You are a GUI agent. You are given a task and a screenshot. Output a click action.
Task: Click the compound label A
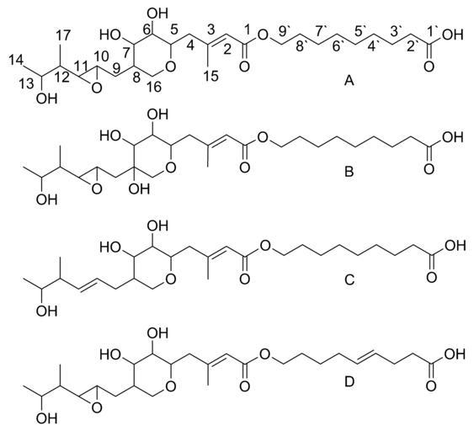click(349, 81)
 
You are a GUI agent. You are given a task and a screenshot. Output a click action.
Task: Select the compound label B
click(349, 172)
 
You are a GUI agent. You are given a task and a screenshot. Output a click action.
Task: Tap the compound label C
click(349, 280)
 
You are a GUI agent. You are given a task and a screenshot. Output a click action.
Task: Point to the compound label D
click(349, 382)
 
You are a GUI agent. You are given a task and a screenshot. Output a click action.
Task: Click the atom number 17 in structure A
click(63, 35)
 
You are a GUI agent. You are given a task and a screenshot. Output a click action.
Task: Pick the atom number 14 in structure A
click(15, 60)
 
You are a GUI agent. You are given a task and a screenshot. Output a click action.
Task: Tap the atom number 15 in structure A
click(210, 76)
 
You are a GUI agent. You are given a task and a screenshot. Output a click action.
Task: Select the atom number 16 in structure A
click(154, 87)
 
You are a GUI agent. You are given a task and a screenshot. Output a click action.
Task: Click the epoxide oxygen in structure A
click(97, 88)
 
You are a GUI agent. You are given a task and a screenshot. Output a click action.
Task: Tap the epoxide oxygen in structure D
click(97, 408)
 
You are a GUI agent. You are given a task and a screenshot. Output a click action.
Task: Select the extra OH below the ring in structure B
click(139, 189)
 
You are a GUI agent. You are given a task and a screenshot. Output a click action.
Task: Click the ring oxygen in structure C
click(171, 279)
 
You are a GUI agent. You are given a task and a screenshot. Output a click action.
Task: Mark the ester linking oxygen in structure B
click(264, 137)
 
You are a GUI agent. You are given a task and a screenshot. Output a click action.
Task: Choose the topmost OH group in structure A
click(157, 13)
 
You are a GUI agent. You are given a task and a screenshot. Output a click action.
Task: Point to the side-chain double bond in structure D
click(366, 355)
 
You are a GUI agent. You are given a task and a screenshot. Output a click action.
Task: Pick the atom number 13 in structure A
click(26, 83)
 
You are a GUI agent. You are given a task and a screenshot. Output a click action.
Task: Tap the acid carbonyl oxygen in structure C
click(431, 277)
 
